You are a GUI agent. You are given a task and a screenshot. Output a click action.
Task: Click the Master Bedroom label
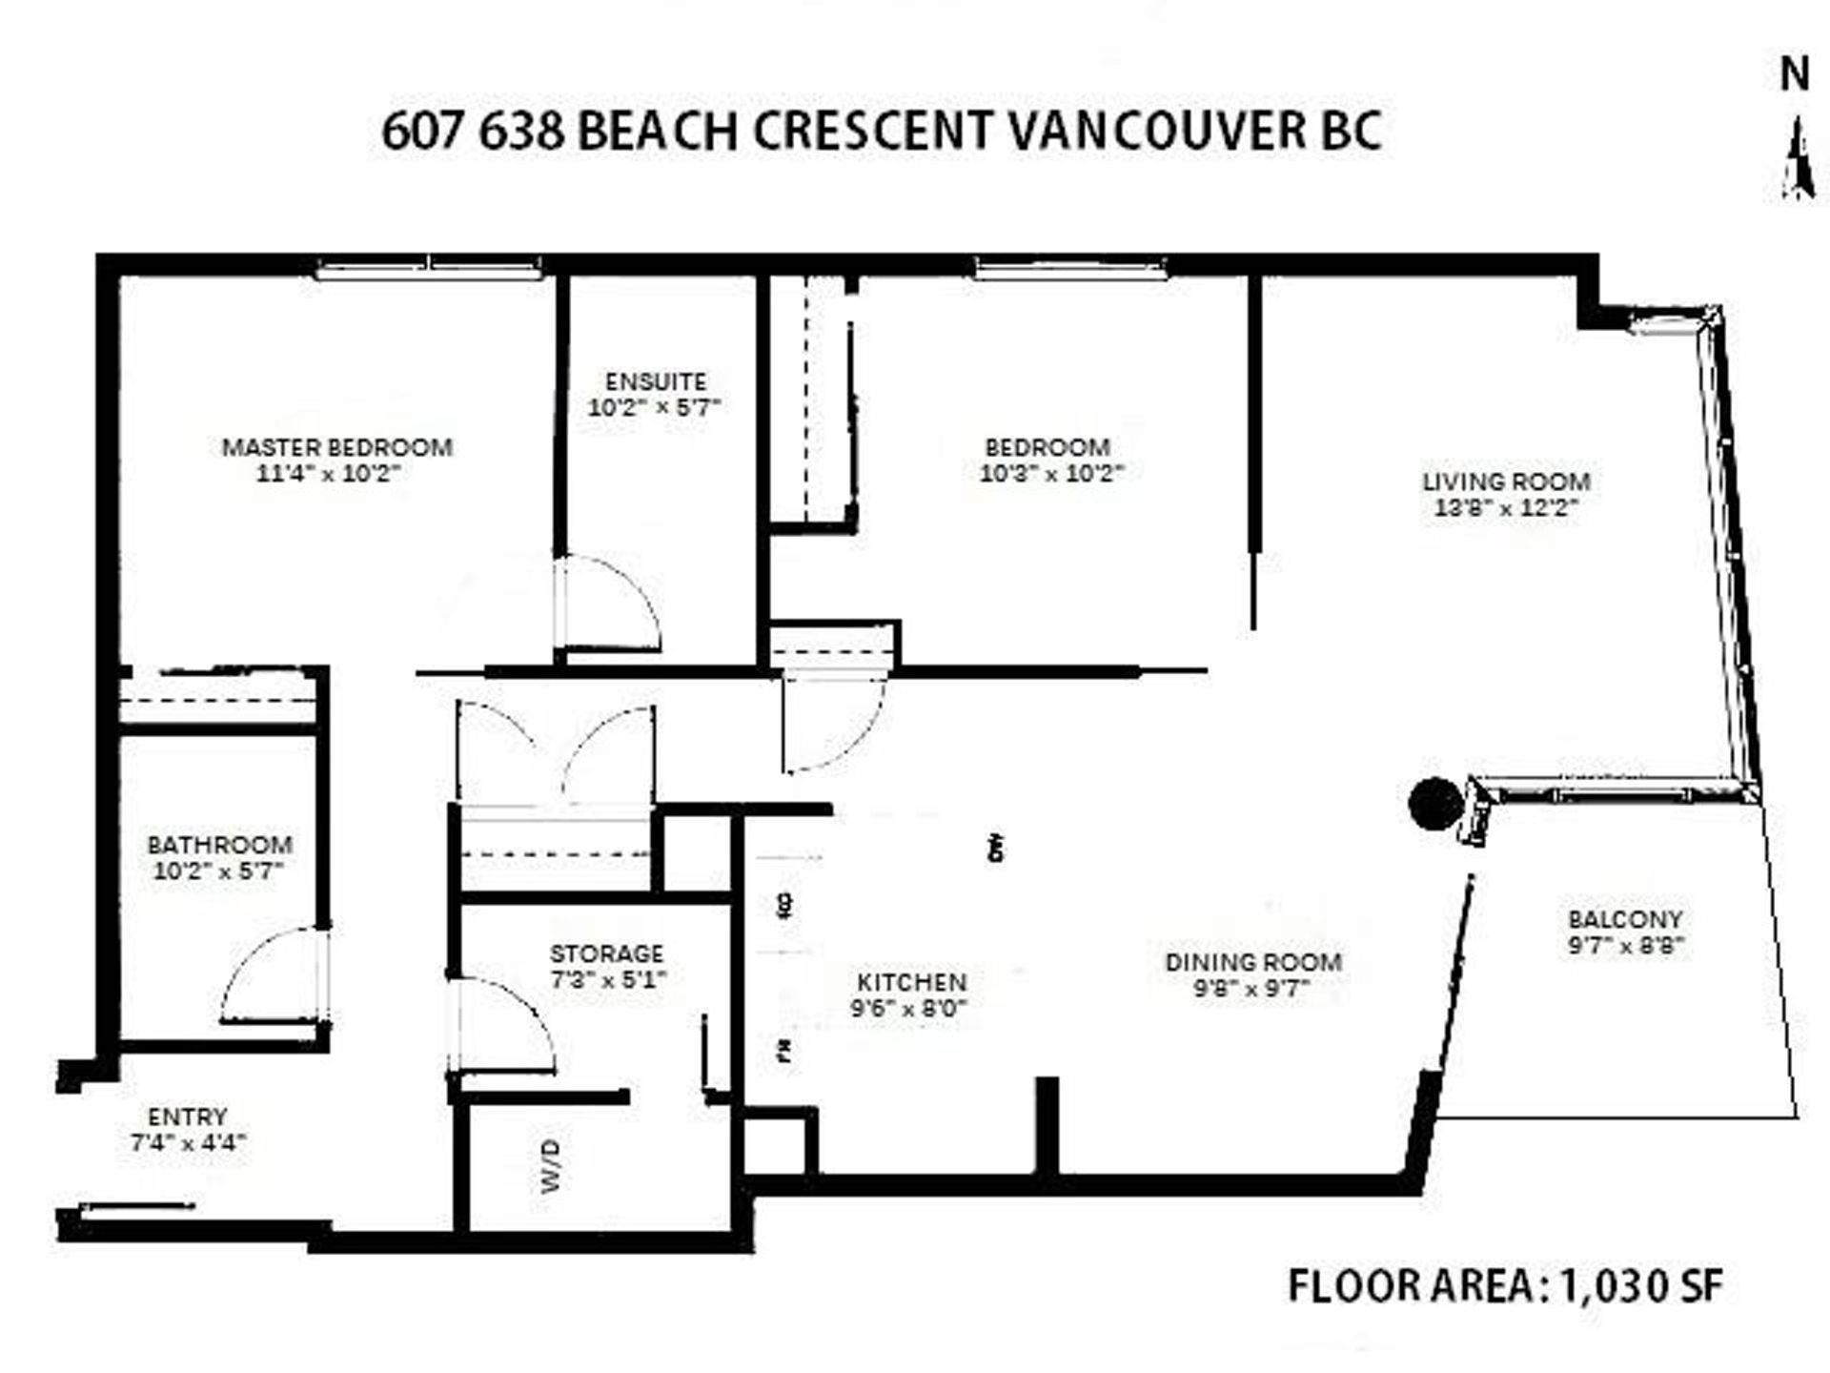pyautogui.click(x=336, y=447)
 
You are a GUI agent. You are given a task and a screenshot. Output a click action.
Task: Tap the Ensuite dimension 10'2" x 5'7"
pyautogui.click(x=654, y=408)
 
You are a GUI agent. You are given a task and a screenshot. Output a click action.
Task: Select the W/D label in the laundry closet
pyautogui.click(x=551, y=1165)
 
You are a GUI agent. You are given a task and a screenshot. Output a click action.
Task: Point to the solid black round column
pyautogui.click(x=1435, y=804)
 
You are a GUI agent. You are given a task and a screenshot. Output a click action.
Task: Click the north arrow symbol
pyautogui.click(x=1799, y=159)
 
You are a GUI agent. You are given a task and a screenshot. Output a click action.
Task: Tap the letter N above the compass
pyautogui.click(x=1795, y=74)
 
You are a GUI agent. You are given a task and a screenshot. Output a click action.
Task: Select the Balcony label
pyautogui.click(x=1625, y=920)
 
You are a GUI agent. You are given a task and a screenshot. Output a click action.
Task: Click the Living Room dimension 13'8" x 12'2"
pyautogui.click(x=1506, y=508)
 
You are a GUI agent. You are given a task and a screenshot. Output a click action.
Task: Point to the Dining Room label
pyautogui.click(x=1253, y=962)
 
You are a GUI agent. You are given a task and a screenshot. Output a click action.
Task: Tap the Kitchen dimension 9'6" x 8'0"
pyautogui.click(x=909, y=1008)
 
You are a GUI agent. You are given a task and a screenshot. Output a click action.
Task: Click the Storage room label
pyautogui.click(x=606, y=953)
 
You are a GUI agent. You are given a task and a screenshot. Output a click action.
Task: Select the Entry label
pyautogui.click(x=188, y=1117)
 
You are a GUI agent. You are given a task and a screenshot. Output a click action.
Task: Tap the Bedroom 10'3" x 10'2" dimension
pyautogui.click(x=1051, y=473)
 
